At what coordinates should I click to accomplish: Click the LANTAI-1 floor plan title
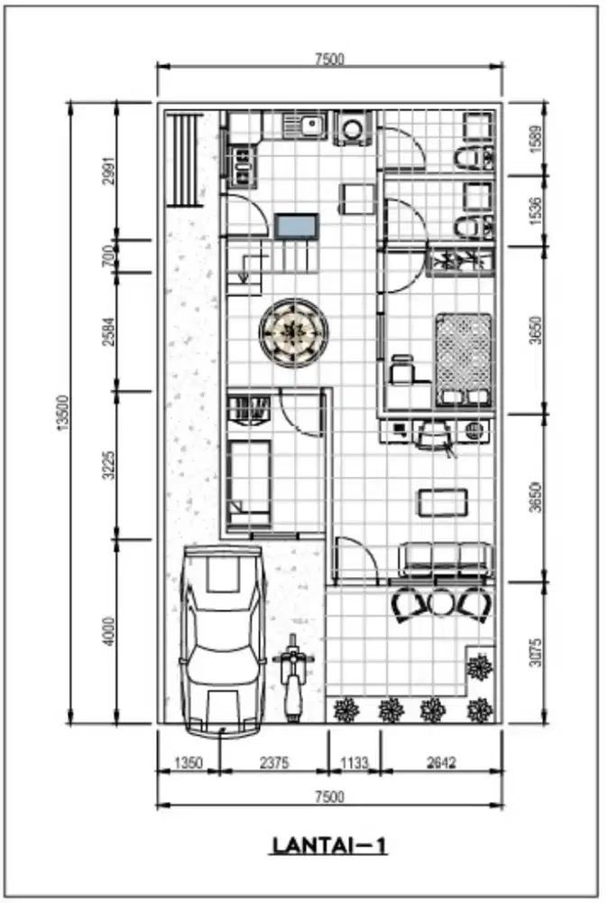329,846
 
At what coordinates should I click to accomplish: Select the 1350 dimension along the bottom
189,763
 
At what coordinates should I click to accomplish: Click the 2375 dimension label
274,763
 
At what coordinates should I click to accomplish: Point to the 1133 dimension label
354,763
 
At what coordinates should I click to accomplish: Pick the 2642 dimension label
441,763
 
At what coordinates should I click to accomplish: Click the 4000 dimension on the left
109,632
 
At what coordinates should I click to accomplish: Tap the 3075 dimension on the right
535,653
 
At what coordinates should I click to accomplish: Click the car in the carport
223,640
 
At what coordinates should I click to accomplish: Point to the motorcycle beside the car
293,677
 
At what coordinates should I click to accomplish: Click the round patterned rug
294,333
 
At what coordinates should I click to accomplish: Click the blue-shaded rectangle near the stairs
297,226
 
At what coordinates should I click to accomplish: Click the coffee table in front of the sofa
443,503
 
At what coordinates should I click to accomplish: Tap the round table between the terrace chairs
441,603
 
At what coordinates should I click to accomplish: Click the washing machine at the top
353,128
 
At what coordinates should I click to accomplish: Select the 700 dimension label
109,256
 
